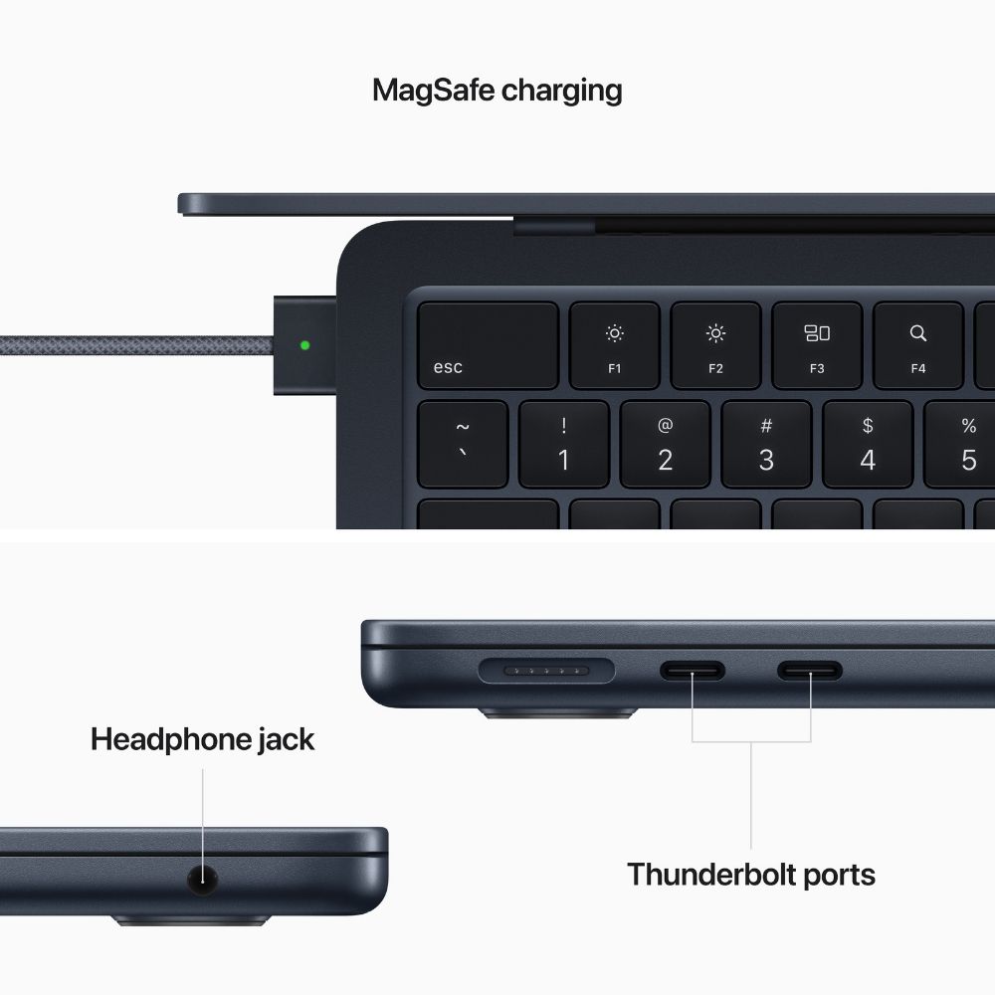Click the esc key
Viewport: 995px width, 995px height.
pos(487,345)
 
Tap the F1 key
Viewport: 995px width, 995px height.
pos(614,345)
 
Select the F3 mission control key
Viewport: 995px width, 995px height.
pos(816,345)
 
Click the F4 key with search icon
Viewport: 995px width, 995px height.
pos(917,345)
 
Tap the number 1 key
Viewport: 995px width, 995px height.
pos(563,444)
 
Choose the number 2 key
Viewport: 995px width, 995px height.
pos(665,444)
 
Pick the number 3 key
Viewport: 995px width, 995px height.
pos(766,444)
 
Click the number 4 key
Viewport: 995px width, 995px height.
pos(868,444)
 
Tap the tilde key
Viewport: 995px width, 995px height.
pos(462,444)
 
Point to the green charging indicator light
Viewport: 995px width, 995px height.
pos(304,346)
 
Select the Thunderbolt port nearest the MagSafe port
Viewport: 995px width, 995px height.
pos(693,672)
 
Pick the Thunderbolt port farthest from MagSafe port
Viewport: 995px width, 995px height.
pos(810,672)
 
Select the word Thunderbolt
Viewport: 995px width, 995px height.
pos(708,875)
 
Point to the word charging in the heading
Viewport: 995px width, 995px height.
pos(561,92)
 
